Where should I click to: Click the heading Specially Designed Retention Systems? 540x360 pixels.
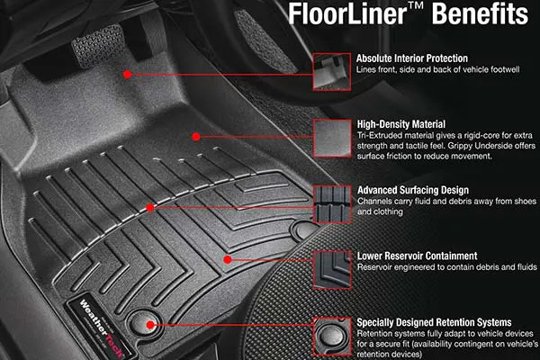(x=435, y=321)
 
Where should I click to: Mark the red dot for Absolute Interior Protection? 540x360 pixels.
(x=128, y=73)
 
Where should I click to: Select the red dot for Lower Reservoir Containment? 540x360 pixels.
(x=228, y=259)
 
